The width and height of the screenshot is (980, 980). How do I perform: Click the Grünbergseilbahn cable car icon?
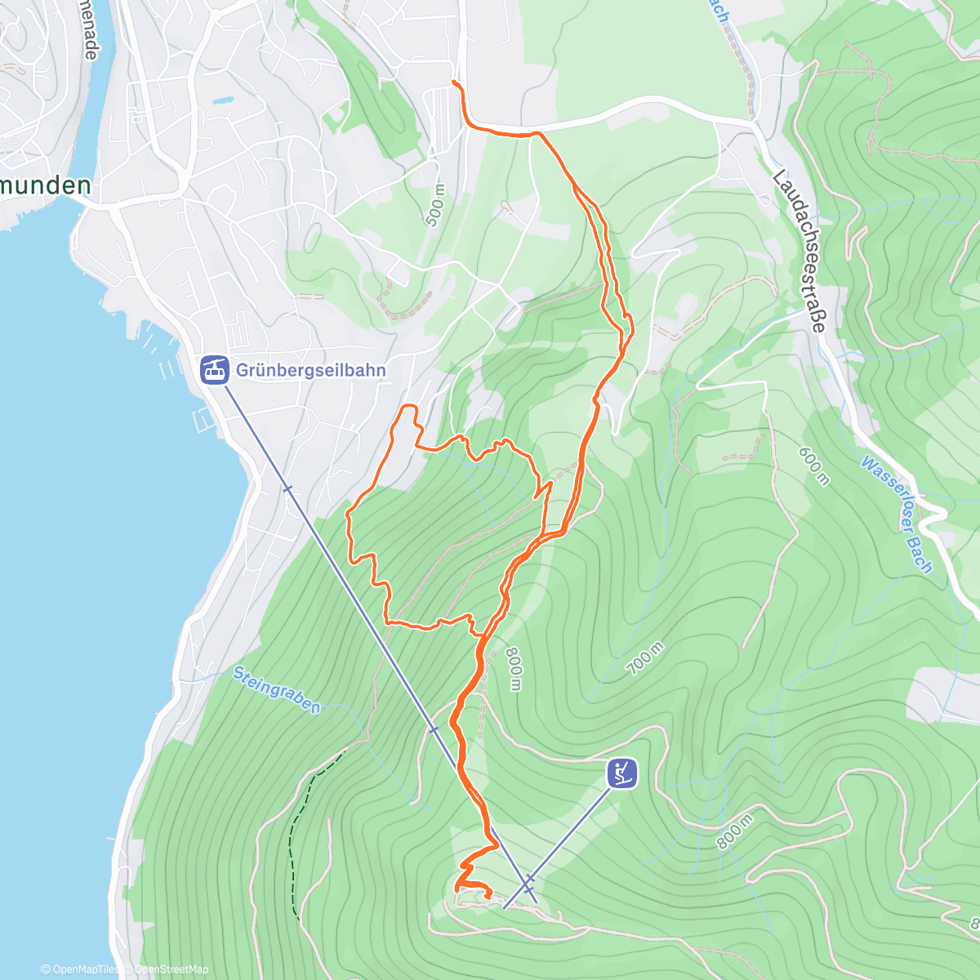click(214, 370)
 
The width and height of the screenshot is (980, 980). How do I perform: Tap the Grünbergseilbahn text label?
click(310, 370)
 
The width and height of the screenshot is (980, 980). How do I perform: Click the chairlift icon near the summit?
click(621, 773)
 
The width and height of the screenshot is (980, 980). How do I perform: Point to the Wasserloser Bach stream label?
click(897, 514)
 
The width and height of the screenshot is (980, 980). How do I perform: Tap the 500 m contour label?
click(435, 204)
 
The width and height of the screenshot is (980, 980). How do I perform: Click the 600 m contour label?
click(813, 465)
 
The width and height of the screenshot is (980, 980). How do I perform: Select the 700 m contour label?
click(645, 658)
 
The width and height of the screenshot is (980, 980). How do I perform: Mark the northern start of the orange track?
click(454, 83)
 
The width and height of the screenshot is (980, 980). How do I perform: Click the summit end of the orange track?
click(488, 897)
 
